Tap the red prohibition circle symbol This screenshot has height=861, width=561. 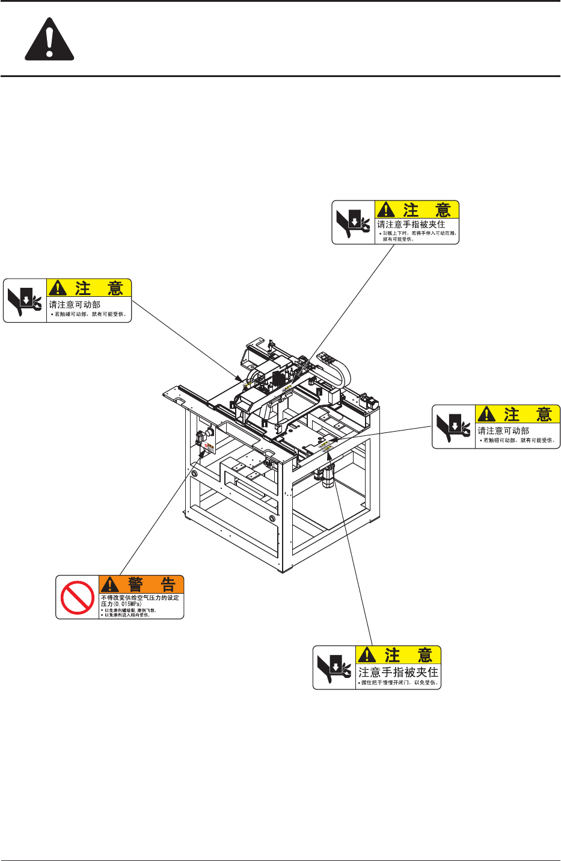(78, 597)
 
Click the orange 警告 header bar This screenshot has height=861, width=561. (141, 584)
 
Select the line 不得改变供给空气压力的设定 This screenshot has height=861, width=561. (140, 598)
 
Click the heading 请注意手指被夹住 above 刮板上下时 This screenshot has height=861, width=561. (411, 224)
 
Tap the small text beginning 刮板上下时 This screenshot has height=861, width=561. (419, 233)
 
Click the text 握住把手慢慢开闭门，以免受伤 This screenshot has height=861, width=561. (399, 683)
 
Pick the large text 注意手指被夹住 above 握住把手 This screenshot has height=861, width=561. (399, 672)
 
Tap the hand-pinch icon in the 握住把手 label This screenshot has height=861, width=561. (334, 668)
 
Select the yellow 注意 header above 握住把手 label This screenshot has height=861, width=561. (399, 655)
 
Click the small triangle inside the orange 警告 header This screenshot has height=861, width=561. (109, 584)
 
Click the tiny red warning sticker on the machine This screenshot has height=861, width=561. (209, 447)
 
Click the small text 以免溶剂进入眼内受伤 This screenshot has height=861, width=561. (127, 615)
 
